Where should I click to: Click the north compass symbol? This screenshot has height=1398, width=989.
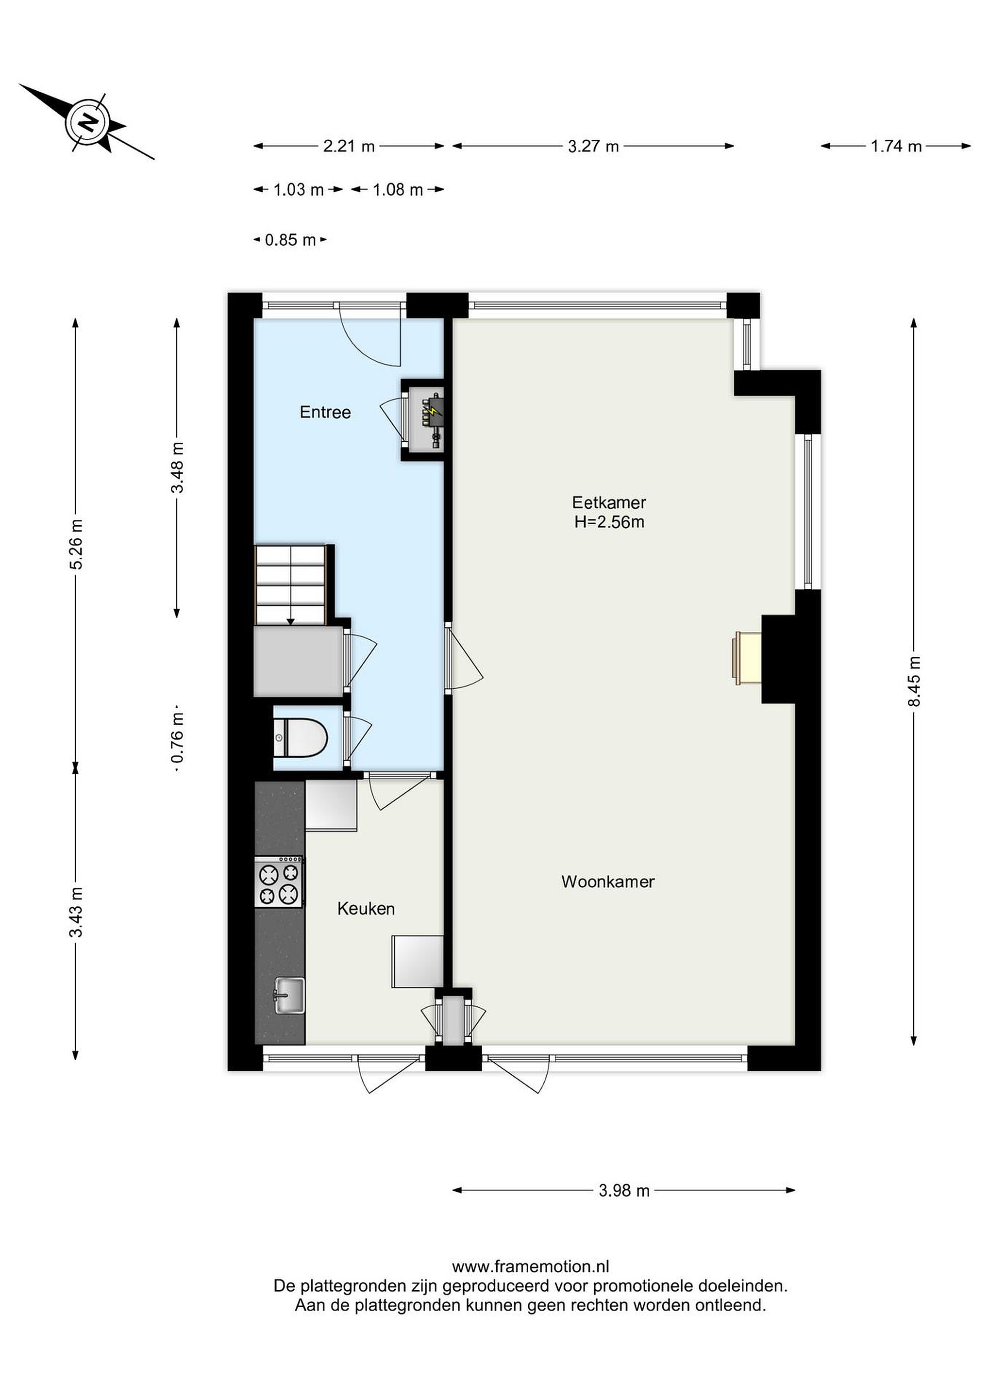(x=87, y=122)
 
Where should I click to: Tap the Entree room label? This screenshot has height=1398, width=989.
(x=325, y=412)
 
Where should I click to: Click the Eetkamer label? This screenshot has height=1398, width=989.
(x=609, y=502)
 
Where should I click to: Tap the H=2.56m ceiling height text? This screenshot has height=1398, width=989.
(x=609, y=522)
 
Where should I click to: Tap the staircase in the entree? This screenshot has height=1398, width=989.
(x=292, y=584)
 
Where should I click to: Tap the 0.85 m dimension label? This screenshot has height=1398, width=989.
(x=290, y=240)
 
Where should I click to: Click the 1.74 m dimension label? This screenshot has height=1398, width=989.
(x=896, y=146)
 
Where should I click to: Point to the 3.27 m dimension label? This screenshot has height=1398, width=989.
(x=593, y=146)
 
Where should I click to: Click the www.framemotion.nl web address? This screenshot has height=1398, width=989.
(x=531, y=1266)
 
